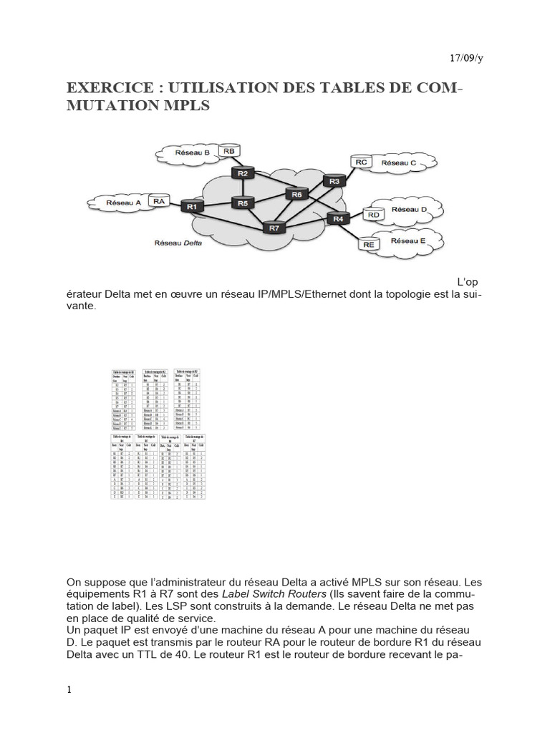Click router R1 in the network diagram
[x=191, y=206]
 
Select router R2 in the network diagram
[x=243, y=173]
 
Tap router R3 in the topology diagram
[x=334, y=182]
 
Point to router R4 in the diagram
[x=338, y=218]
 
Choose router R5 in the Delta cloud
[x=243, y=203]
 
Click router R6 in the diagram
[x=296, y=194]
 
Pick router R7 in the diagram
[x=274, y=228]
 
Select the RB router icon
[x=229, y=152]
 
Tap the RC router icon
[x=361, y=162]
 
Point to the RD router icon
[x=372, y=213]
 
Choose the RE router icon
[x=369, y=244]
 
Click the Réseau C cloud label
[x=399, y=163]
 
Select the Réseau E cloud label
[x=407, y=241]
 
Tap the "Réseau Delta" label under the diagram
[x=178, y=243]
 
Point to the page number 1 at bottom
[x=69, y=690]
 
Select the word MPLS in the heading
[x=188, y=106]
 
